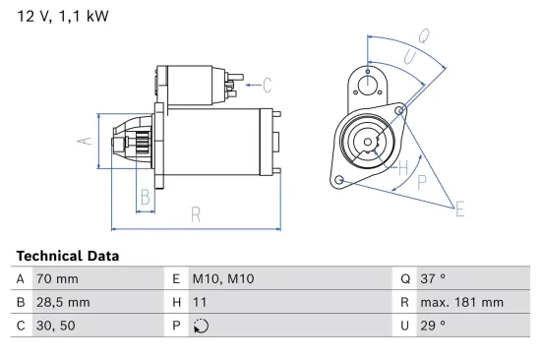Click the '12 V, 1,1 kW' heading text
62,17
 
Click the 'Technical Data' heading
68,256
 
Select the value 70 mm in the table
57,278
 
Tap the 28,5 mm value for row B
62,302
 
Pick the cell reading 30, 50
55,326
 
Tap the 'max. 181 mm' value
463,302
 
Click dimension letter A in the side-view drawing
84,142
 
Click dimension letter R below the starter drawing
196,213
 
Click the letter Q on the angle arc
423,36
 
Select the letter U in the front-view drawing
407,58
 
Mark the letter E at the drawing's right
458,207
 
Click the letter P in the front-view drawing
422,182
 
